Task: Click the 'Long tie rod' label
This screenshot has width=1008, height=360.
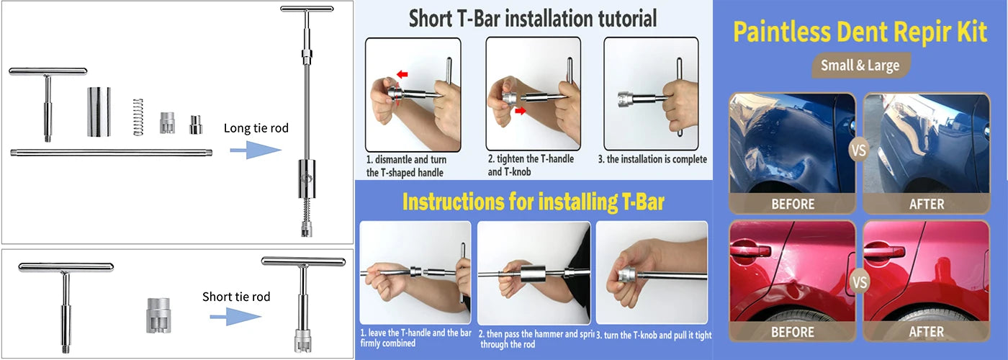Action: [256, 128]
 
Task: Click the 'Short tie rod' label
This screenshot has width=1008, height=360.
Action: [236, 297]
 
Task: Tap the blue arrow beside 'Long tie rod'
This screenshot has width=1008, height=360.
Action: [255, 150]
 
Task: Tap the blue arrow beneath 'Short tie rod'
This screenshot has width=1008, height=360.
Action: [235, 317]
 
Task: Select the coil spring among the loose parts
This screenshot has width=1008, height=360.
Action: [138, 117]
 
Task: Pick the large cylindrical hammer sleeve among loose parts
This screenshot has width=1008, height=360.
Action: [99, 112]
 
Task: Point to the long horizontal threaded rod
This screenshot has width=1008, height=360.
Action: [111, 153]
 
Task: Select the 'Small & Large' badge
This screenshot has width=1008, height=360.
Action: [860, 66]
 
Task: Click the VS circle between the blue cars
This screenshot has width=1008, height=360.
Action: [858, 150]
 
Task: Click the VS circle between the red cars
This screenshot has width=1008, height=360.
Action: [859, 282]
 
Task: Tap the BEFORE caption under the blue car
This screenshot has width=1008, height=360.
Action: [793, 204]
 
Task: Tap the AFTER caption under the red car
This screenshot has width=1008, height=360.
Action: [927, 332]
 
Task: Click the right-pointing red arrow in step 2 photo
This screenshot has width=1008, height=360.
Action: [520, 111]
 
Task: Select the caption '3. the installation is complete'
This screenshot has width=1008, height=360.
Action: [652, 159]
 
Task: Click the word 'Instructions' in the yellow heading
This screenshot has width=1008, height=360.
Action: [453, 202]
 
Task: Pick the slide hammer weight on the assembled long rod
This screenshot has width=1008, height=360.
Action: [307, 179]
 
